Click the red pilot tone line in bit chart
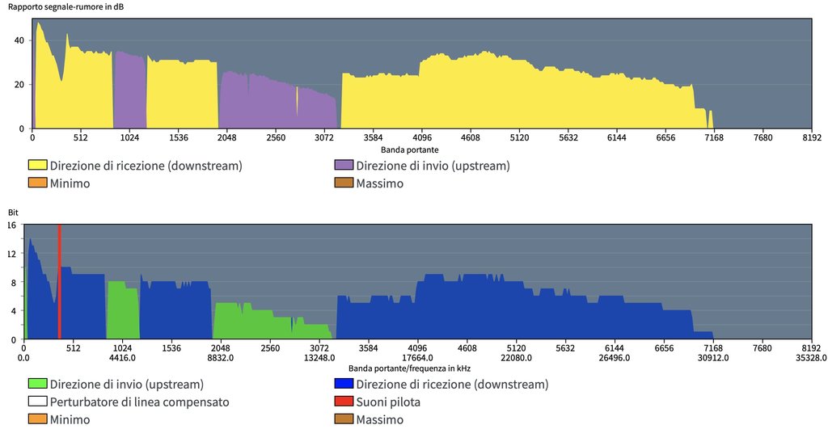(x=60, y=283)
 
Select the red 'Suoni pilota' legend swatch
(x=343, y=402)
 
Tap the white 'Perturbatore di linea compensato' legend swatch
(x=37, y=402)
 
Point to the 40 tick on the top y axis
(x=19, y=40)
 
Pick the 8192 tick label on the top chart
(x=812, y=138)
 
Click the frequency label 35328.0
(x=812, y=358)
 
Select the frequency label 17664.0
(x=418, y=358)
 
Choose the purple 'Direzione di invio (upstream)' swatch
(x=343, y=166)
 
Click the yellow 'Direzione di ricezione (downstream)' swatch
(x=37, y=166)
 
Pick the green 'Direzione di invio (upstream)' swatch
(x=37, y=384)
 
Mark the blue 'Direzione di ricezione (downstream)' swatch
(x=343, y=384)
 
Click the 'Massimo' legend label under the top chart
(x=379, y=183)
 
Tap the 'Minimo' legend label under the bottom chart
(x=70, y=419)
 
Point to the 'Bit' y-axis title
(x=12, y=212)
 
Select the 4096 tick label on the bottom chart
(x=418, y=348)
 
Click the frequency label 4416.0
(x=122, y=358)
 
